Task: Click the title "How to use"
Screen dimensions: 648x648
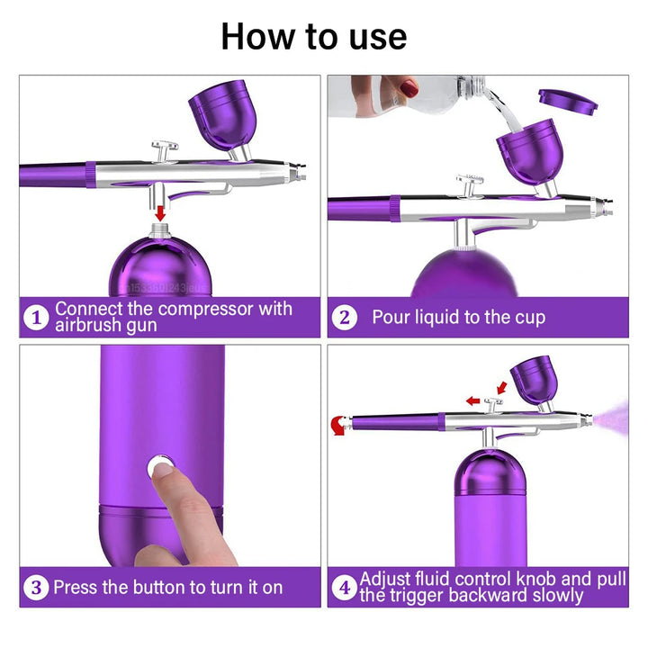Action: pyautogui.click(x=313, y=37)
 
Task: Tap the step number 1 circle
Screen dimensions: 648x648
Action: pyautogui.click(x=36, y=318)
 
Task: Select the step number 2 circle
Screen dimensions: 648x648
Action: pyautogui.click(x=344, y=318)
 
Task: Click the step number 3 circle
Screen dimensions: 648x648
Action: pyautogui.click(x=36, y=588)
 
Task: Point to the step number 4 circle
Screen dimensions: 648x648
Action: pyautogui.click(x=344, y=588)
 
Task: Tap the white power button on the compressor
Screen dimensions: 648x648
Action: pyautogui.click(x=160, y=466)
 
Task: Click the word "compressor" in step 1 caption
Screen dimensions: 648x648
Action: pyautogui.click(x=199, y=309)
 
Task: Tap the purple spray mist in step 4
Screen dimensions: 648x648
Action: pyautogui.click(x=614, y=417)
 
